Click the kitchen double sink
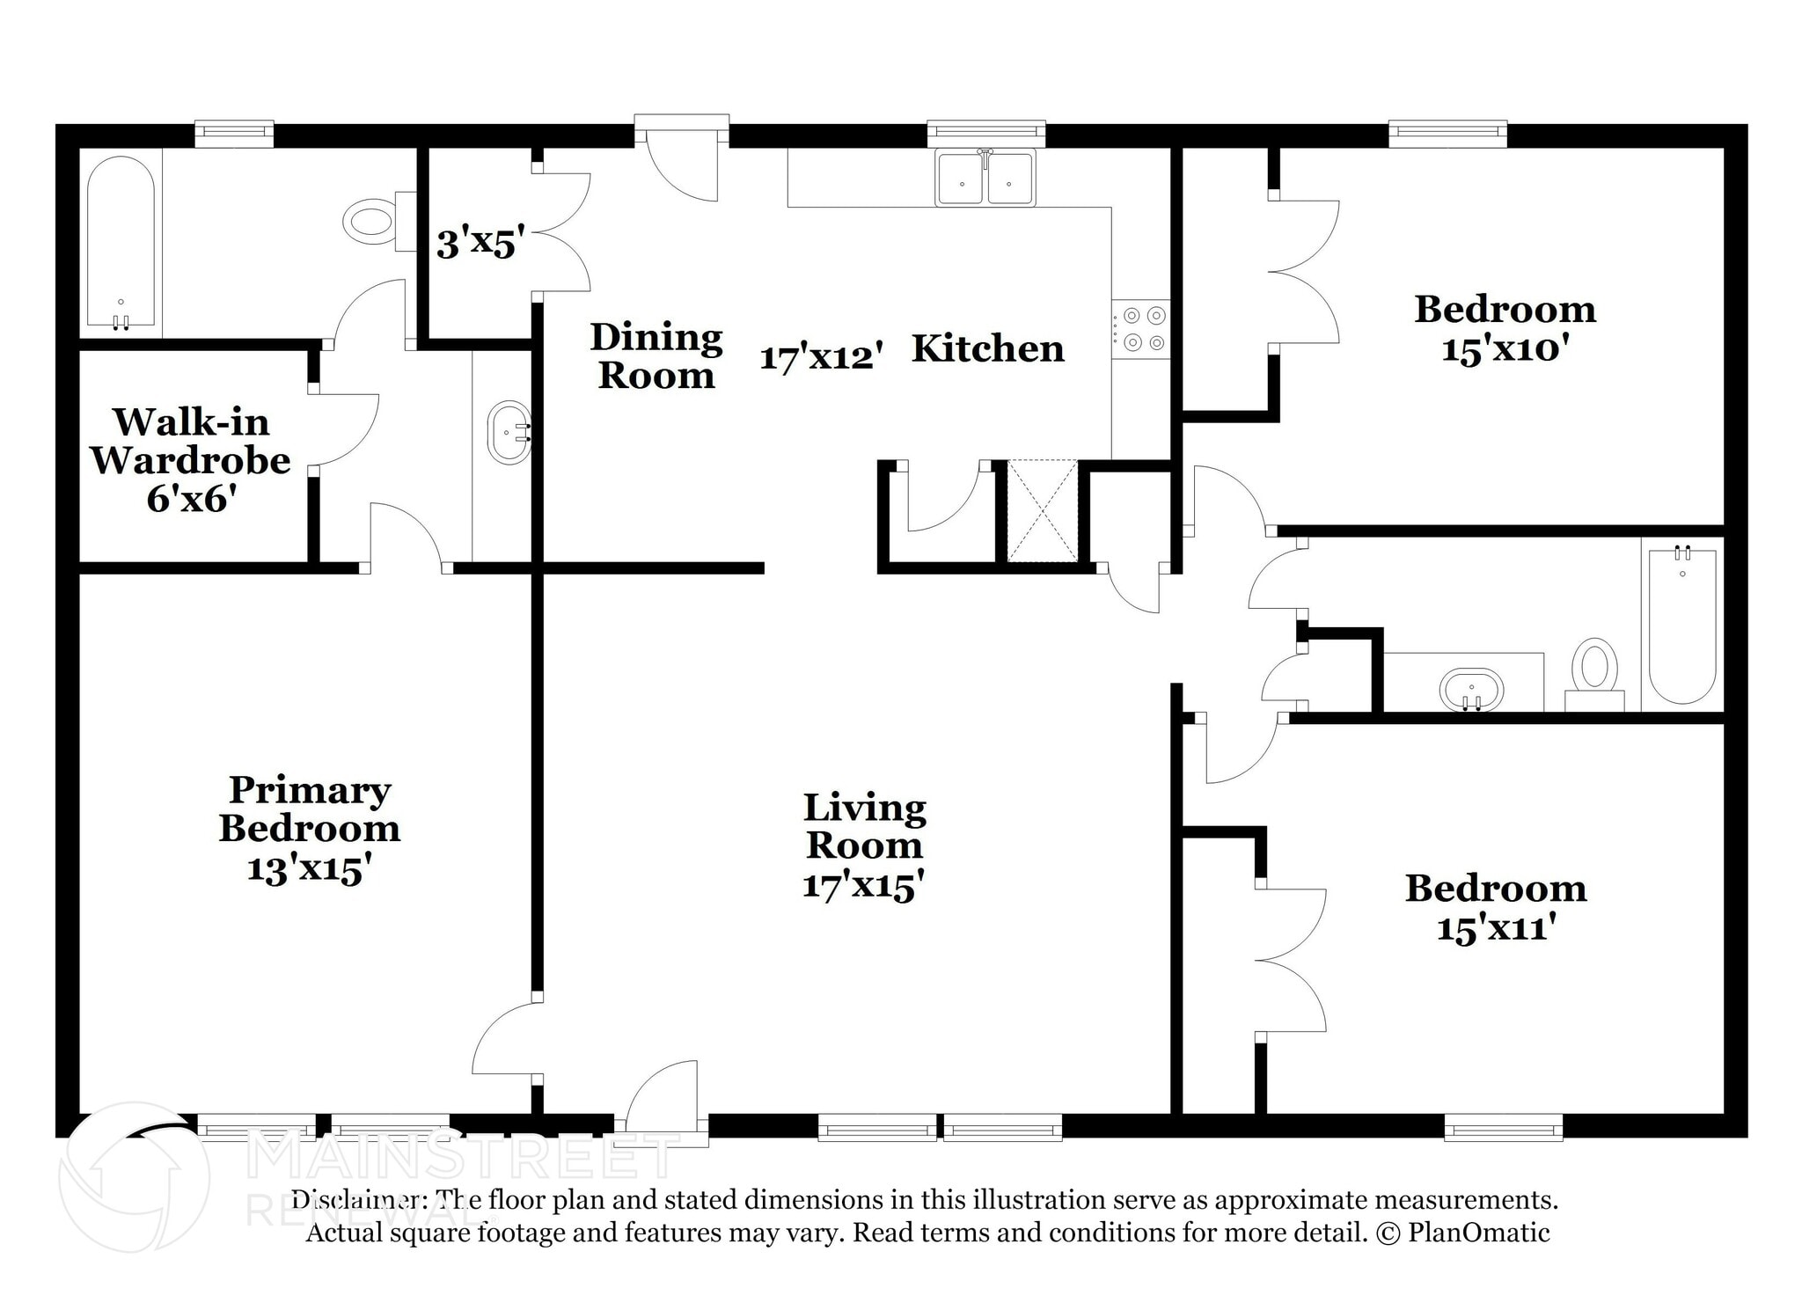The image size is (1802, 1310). click(985, 178)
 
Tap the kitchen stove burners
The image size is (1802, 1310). click(1141, 329)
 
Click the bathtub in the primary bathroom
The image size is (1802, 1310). click(121, 244)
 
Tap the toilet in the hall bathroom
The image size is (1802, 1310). click(1594, 675)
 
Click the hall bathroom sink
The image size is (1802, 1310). click(1471, 689)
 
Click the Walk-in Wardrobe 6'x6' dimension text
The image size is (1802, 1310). click(191, 499)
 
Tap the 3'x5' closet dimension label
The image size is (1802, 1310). click(480, 242)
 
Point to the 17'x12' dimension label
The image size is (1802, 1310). click(821, 357)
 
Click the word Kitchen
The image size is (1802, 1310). click(988, 348)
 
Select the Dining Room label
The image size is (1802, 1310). click(656, 355)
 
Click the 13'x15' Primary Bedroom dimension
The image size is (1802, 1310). click(304, 869)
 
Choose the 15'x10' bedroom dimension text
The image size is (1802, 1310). click(1505, 349)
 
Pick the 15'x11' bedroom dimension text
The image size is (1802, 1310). click(1496, 927)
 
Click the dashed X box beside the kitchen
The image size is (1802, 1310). click(1042, 510)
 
